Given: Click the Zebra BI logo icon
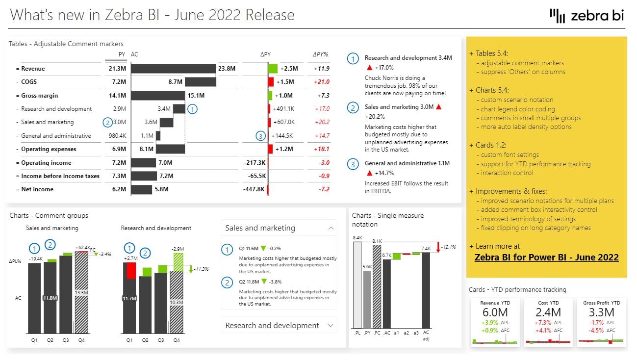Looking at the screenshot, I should pyautogui.click(x=558, y=16).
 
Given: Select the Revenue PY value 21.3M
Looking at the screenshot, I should pyautogui.click(x=117, y=69).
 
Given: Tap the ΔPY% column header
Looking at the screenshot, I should pyautogui.click(x=320, y=54).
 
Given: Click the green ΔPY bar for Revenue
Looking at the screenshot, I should pyautogui.click(x=273, y=69).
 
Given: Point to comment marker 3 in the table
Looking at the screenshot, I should pyautogui.click(x=261, y=136).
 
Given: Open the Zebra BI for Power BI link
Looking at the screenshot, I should pyautogui.click(x=546, y=257).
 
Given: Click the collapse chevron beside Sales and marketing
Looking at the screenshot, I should pyautogui.click(x=331, y=228).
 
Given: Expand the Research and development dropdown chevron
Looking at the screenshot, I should pyautogui.click(x=331, y=325).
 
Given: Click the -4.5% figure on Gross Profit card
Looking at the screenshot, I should pyautogui.click(x=596, y=330).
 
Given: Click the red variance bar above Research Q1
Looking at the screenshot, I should pyautogui.click(x=130, y=271).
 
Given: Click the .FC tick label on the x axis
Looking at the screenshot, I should pyautogui.click(x=376, y=333).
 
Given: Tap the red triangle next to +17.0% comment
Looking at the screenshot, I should pyautogui.click(x=369, y=68).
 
